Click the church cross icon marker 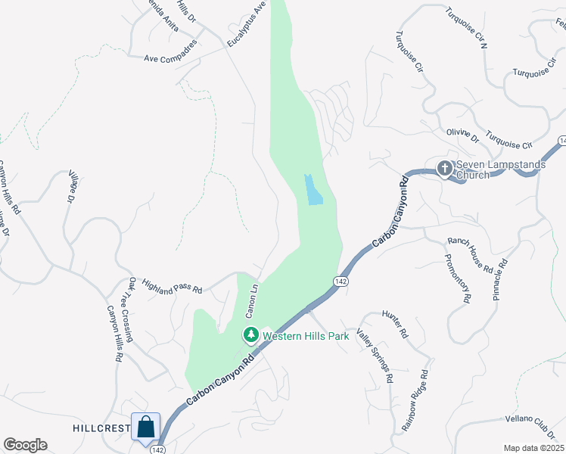[x=444, y=168]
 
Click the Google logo [x=25, y=445]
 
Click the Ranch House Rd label [x=470, y=253]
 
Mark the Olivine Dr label [x=464, y=133]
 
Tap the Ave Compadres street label [x=170, y=51]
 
